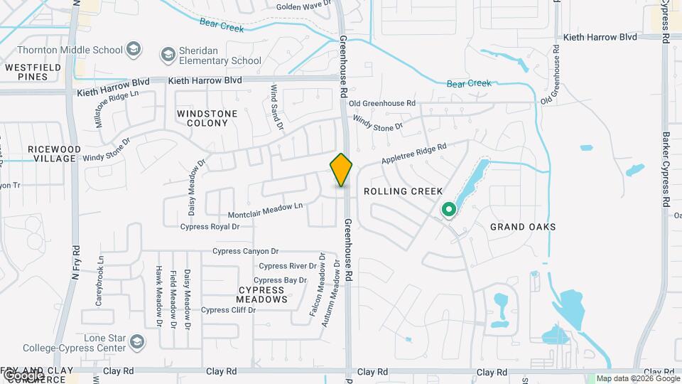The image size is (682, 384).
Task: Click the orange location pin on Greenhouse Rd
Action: [x=342, y=170]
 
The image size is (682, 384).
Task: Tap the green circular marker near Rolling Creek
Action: [x=448, y=210]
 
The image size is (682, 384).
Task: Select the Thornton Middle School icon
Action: [x=134, y=50]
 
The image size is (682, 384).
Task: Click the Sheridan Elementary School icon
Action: [x=168, y=54]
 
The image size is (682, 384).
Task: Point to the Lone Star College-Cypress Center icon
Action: [x=135, y=343]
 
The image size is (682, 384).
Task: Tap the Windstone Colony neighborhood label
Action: [x=202, y=118]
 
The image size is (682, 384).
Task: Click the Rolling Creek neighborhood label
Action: [x=403, y=191]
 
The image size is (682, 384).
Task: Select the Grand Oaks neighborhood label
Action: [x=523, y=227]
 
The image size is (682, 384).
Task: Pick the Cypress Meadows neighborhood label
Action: [x=262, y=294]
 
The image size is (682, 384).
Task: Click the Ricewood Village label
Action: [x=51, y=154]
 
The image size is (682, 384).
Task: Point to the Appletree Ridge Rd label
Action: [x=413, y=153]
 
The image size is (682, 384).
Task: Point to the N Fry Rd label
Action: [x=75, y=262]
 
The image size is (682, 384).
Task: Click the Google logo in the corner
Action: [x=23, y=375]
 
